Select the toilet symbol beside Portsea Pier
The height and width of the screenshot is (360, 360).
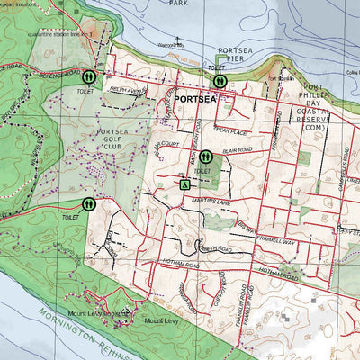coord(220,81)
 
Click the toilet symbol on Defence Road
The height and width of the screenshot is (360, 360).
coord(75,78)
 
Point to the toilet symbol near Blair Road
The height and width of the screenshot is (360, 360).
coord(204,156)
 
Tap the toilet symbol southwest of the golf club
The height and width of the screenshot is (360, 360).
coord(88,204)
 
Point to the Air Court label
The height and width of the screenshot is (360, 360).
coord(166,145)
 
